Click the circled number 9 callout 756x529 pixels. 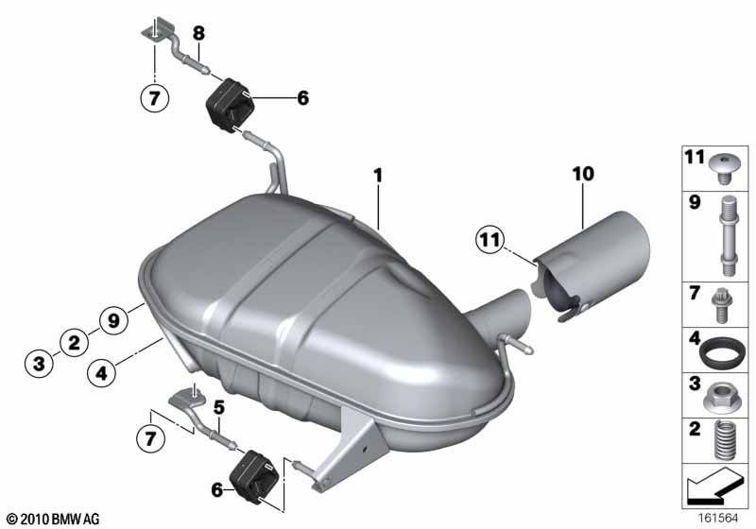pos(113,320)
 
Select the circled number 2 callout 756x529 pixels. pos(75,343)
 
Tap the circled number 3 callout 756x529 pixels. pos(39,363)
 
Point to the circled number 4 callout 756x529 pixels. pos(101,373)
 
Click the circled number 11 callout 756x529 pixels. pos(490,239)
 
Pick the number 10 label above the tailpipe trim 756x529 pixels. pos(583,174)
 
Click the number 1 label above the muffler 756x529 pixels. pos(378,176)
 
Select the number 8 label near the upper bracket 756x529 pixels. pos(198,33)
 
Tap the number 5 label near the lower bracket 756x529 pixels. pos(219,407)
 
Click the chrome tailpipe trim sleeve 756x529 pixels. pos(592,267)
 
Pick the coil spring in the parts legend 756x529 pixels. pos(722,439)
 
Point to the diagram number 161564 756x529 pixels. pos(718,519)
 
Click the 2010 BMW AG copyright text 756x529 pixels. pos(53,519)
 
